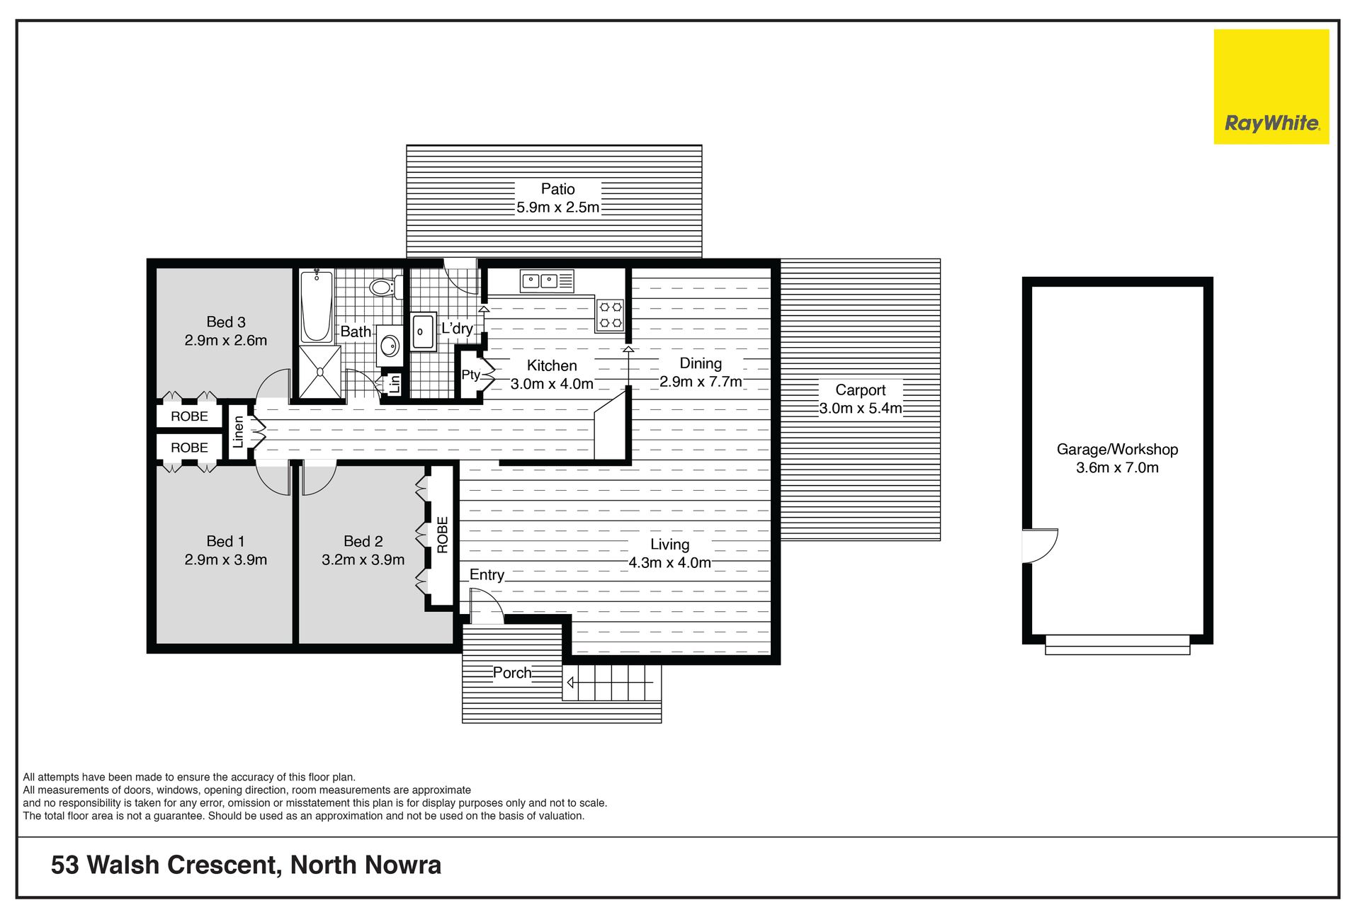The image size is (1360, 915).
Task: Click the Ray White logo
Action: point(1271,86)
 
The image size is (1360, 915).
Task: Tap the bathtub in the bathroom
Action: point(316,306)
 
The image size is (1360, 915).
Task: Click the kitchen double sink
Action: point(546,281)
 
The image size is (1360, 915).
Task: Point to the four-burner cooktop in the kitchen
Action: point(610,315)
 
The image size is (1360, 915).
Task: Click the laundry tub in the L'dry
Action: point(423,331)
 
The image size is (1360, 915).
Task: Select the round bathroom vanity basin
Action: point(389,346)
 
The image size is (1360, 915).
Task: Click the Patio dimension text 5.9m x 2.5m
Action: point(558,208)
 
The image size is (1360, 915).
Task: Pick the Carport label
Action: point(861,390)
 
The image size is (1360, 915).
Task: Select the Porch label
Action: point(512,673)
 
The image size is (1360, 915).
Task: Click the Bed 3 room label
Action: point(226,322)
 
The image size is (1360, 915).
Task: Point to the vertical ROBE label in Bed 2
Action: point(443,535)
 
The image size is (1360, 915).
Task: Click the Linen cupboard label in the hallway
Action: point(239,431)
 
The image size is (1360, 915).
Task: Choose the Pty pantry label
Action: point(470,375)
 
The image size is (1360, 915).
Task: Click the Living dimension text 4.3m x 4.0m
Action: point(670,562)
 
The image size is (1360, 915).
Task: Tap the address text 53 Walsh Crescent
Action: point(167,865)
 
